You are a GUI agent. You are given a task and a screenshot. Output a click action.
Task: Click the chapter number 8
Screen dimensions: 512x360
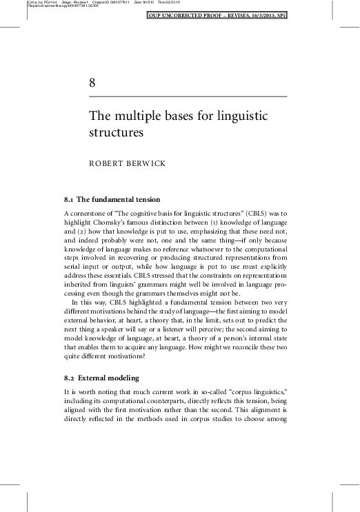93,83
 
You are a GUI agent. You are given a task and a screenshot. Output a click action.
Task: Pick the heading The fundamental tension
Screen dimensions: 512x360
119,200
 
